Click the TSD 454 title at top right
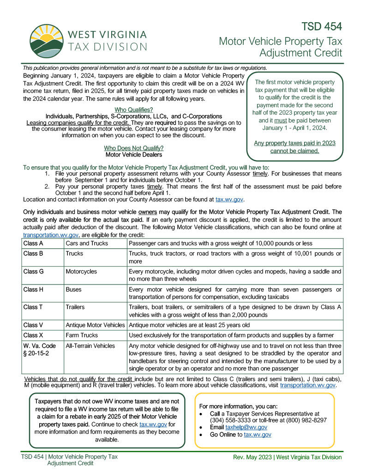coord(322,26)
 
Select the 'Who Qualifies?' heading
coord(133,110)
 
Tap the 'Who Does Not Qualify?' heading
coord(133,148)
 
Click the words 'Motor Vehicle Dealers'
coord(133,155)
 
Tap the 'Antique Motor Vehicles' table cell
coord(95,325)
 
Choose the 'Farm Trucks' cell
coord(82,335)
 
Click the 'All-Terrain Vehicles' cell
coord(90,346)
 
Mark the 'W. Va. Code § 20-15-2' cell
coord(40,349)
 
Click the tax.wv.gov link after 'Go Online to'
coord(257,435)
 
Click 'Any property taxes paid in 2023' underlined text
coord(294,143)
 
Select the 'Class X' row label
coord(33,335)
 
